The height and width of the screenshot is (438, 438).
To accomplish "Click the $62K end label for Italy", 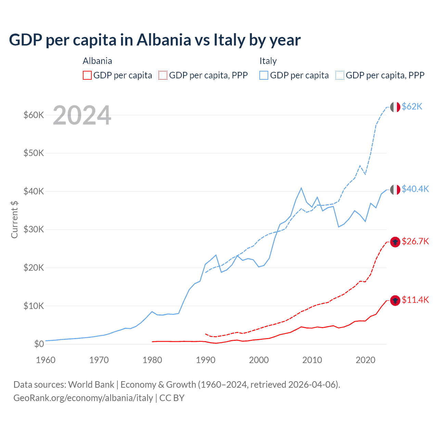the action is (412, 106).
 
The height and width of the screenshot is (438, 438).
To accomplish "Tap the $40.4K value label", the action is (415, 189).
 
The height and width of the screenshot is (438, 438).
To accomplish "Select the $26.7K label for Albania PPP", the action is (415, 241).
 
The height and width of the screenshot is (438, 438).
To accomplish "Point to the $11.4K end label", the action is (415, 300).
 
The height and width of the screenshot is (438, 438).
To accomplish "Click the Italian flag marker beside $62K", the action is (395, 107).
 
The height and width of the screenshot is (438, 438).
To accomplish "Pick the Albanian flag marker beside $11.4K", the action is (395, 300).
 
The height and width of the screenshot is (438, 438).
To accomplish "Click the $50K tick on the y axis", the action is (34, 153).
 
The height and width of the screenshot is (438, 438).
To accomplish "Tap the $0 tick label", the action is (39, 344).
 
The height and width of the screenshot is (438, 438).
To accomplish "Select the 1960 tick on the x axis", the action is (46, 360).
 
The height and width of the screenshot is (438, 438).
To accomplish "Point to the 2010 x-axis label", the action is (312, 360).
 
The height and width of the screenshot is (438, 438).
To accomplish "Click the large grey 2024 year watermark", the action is (82, 116).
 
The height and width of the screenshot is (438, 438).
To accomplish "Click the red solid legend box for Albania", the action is (87, 75).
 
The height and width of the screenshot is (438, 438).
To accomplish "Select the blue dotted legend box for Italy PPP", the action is (340, 75).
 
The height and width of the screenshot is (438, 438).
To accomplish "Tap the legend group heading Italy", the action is (268, 61).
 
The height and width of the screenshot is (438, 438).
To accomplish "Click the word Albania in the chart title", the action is (164, 40).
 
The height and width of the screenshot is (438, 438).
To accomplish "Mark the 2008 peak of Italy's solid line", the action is (301, 188).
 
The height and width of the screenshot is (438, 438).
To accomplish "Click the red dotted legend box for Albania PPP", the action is (163, 75).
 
